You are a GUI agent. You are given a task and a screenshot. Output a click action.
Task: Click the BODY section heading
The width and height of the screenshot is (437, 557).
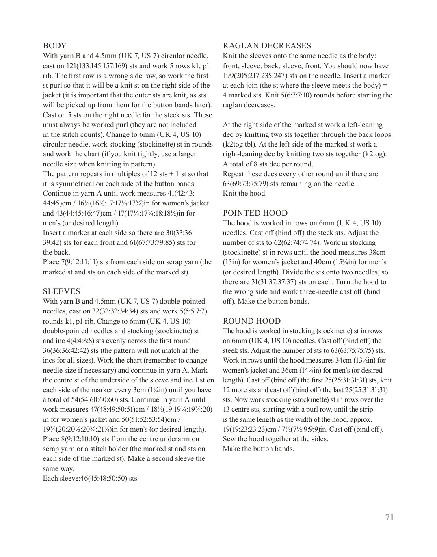pyautogui.click(x=55, y=46)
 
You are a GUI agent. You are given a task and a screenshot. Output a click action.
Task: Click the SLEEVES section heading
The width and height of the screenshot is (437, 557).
pyautogui.click(x=62, y=291)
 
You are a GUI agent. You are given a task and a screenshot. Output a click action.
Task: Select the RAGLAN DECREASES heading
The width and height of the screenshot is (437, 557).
pyautogui.click(x=267, y=46)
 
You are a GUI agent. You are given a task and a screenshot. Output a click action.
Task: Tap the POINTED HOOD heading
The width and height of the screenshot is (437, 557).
pyautogui.click(x=255, y=213)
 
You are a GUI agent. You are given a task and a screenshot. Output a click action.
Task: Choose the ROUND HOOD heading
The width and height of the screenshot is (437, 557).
pyautogui.click(x=252, y=321)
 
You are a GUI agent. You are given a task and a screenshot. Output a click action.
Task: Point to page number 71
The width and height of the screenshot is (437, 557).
pyautogui.click(x=389, y=517)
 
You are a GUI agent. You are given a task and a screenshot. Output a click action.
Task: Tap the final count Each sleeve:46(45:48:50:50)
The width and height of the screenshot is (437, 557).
pyautogui.click(x=91, y=478)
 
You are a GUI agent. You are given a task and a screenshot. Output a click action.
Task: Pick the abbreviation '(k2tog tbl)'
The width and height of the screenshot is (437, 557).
pyautogui.click(x=241, y=144)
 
